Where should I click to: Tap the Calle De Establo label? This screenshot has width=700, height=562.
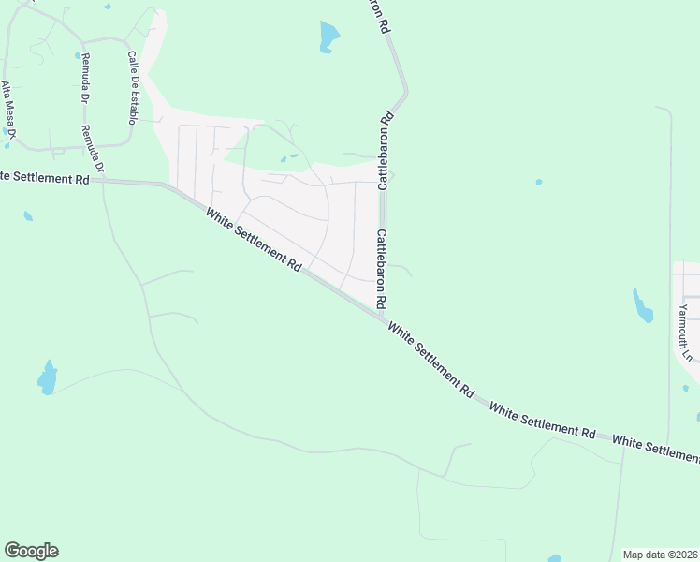(132, 87)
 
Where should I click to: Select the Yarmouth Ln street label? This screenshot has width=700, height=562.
(685, 333)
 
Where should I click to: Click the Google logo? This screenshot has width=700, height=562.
(31, 551)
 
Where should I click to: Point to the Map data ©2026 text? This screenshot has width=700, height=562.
(660, 555)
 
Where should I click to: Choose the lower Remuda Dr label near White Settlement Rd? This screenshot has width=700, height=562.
(93, 149)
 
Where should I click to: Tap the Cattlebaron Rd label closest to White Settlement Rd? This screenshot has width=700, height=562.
(381, 270)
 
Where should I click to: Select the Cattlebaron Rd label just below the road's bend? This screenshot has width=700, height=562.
(385, 150)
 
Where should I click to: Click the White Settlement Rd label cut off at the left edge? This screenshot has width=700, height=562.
(44, 176)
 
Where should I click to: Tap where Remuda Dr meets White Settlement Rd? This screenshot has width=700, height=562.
(102, 181)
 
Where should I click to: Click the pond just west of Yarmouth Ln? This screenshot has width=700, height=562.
(643, 306)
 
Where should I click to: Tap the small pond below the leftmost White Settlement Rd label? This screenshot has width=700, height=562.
(28, 216)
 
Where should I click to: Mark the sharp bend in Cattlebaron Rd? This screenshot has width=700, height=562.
(405, 93)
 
